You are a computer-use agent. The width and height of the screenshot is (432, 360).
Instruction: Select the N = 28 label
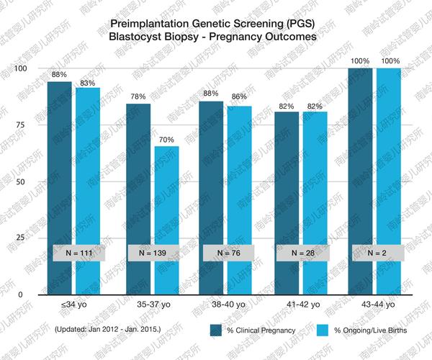(301, 253)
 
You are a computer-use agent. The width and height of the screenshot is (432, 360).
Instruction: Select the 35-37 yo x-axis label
(152, 305)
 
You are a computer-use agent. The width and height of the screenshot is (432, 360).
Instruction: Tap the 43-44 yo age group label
(375, 305)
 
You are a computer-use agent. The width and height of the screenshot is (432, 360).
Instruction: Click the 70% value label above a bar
(167, 138)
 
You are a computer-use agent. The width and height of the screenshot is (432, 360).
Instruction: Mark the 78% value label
(138, 96)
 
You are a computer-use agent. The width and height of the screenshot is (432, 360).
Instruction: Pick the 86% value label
(238, 96)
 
